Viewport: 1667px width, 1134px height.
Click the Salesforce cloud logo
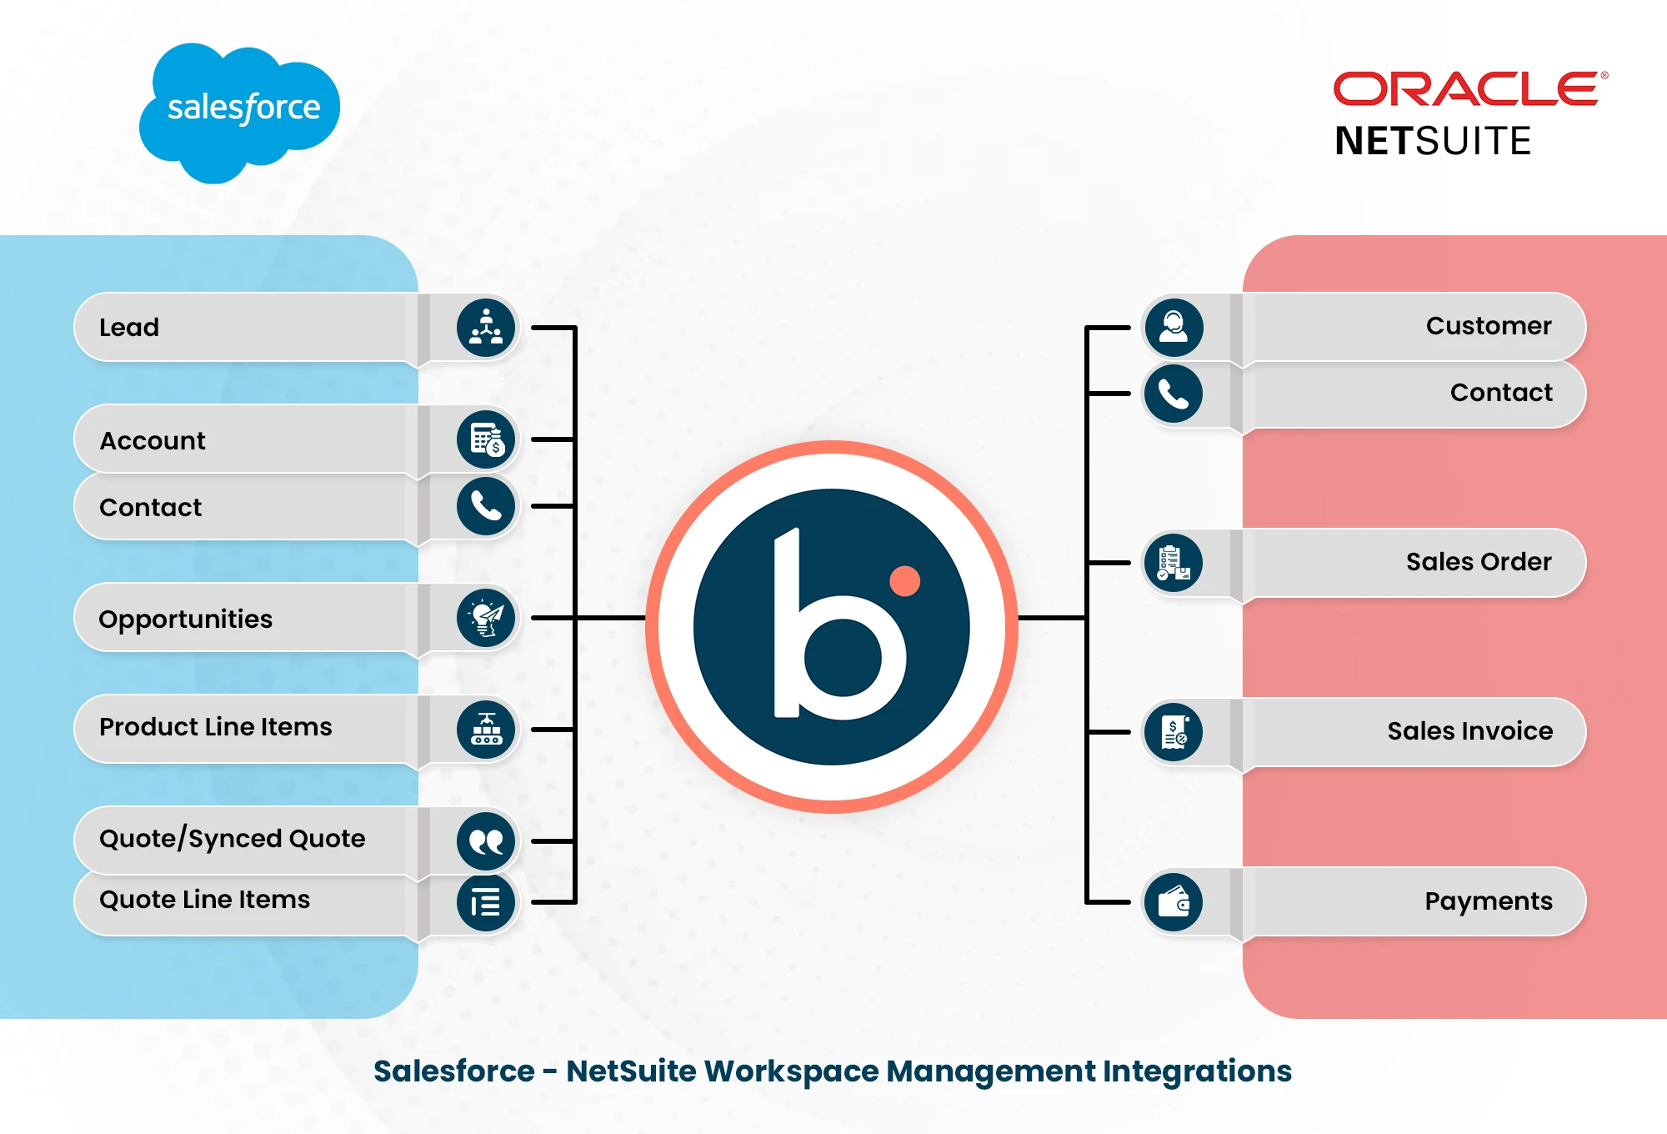pyautogui.click(x=240, y=111)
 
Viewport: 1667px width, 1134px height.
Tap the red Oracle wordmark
pyautogui.click(x=1466, y=89)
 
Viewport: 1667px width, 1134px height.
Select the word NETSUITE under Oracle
pyautogui.click(x=1433, y=141)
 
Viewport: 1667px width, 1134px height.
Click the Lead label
pyautogui.click(x=129, y=327)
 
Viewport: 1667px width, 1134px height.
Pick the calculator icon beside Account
pyautogui.click(x=486, y=439)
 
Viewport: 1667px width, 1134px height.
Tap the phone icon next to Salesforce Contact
pyautogui.click(x=486, y=506)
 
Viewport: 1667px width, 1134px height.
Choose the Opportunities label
pyautogui.click(x=185, y=619)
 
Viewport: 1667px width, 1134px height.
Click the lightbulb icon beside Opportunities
pyautogui.click(x=486, y=618)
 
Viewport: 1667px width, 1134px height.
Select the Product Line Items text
pyautogui.click(x=215, y=726)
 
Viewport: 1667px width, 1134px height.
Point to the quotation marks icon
pyautogui.click(x=486, y=840)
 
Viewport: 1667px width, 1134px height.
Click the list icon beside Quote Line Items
pyautogui.click(x=486, y=902)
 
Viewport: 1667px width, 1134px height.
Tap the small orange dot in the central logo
pyautogui.click(x=904, y=581)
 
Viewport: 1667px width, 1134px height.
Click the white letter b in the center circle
pyautogui.click(x=833, y=634)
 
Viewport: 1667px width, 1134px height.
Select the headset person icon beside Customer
pyautogui.click(x=1174, y=327)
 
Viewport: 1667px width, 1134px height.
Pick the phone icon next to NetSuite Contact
pyautogui.click(x=1174, y=394)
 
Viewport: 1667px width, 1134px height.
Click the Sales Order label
pyautogui.click(x=1479, y=562)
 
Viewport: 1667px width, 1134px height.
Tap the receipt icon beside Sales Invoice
pyautogui.click(x=1174, y=732)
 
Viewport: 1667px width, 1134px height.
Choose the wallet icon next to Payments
pyautogui.click(x=1174, y=901)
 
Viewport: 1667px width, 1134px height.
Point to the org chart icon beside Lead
pyautogui.click(x=486, y=327)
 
